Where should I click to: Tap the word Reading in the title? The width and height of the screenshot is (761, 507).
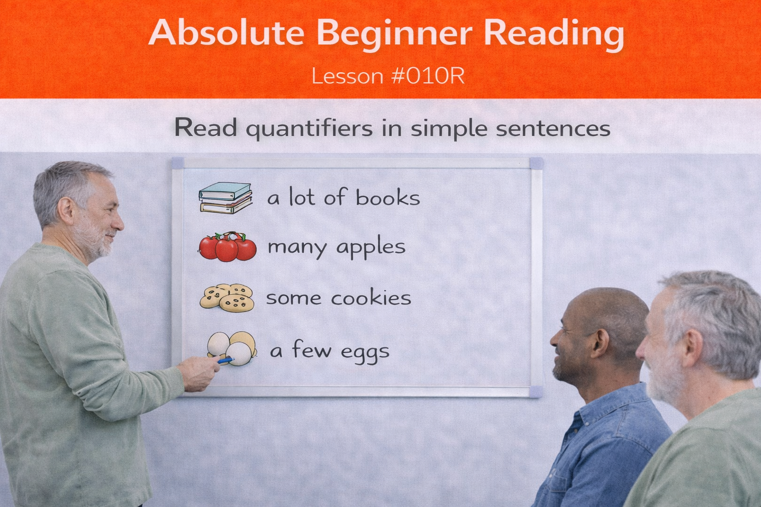tap(553, 34)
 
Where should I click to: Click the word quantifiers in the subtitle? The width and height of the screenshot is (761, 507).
tap(309, 129)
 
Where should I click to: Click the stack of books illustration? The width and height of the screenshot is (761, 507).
tap(225, 198)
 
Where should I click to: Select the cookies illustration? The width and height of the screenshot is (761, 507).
tap(227, 297)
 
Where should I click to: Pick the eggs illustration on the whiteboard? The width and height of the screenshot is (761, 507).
tap(232, 348)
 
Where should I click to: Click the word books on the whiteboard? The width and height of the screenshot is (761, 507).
tap(387, 198)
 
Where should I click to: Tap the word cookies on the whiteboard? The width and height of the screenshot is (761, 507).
tap(371, 298)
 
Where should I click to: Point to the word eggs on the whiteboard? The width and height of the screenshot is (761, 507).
tap(365, 353)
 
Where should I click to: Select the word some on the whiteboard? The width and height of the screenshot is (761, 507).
tap(294, 298)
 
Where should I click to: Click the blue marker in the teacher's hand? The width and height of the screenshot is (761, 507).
tap(225, 360)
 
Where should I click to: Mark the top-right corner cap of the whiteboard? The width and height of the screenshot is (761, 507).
tap(536, 163)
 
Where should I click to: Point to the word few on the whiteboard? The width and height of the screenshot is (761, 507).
tap(312, 350)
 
